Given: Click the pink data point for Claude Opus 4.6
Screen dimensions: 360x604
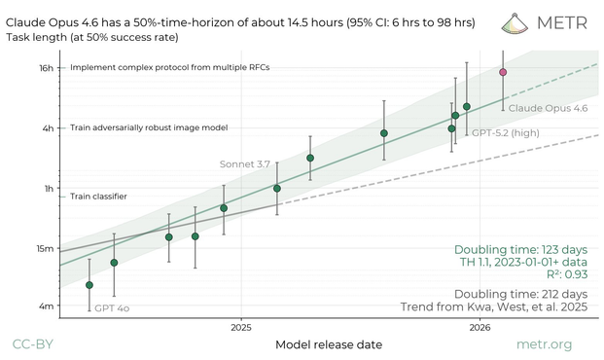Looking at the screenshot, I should (503, 72).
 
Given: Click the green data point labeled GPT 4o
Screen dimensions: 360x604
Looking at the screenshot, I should (89, 285).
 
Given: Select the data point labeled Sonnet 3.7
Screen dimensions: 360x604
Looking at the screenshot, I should (277, 188).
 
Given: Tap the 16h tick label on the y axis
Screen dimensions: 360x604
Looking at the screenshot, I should (47, 68).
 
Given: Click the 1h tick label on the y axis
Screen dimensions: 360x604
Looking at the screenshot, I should (49, 188).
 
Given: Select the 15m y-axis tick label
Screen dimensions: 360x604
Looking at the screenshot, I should (46, 248).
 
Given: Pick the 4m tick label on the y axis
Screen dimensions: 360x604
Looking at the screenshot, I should (47, 306).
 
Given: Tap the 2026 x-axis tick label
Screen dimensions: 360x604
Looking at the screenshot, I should (480, 327).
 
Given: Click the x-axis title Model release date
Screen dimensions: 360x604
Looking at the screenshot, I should (329, 344).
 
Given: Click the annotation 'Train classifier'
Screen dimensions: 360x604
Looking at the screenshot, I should (98, 197).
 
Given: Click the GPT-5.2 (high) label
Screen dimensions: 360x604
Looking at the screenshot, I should (505, 131).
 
